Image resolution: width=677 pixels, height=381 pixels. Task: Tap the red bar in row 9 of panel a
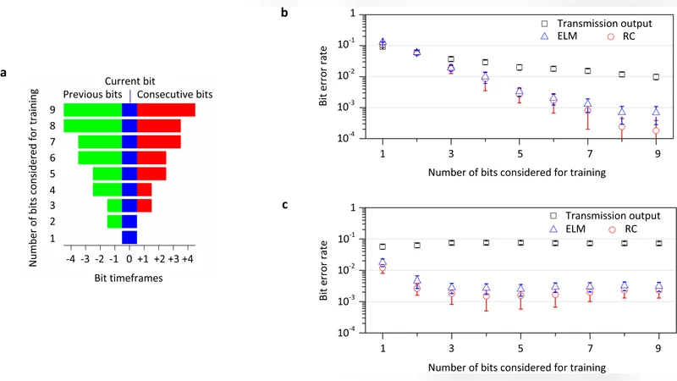click(x=166, y=110)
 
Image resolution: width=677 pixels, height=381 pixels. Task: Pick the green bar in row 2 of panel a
click(x=114, y=222)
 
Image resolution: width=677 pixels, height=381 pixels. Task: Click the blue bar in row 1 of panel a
click(x=129, y=238)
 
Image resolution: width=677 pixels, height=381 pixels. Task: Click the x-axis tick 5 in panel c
click(x=520, y=347)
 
